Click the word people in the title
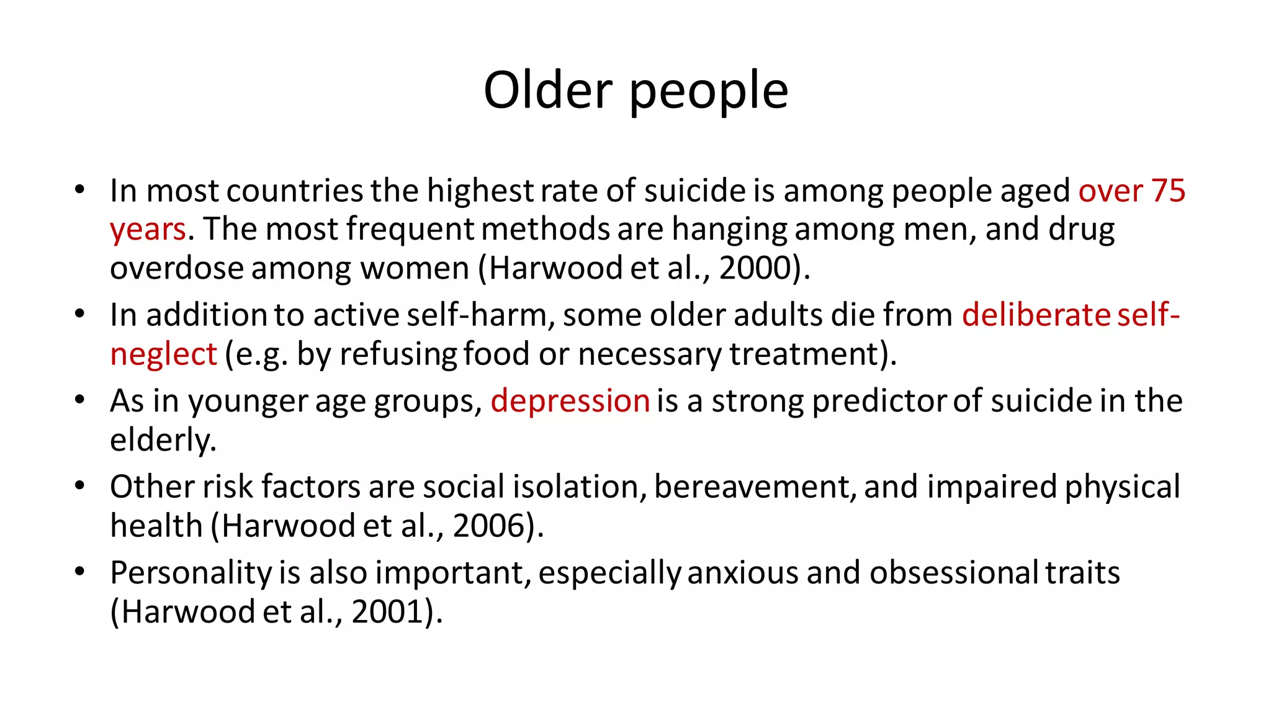(x=709, y=93)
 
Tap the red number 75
(x=1168, y=191)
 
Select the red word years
(x=148, y=230)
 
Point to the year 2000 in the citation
(x=753, y=268)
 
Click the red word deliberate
(x=1036, y=315)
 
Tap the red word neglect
(x=163, y=355)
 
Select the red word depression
(x=570, y=401)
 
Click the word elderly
(x=163, y=440)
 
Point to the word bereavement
(x=752, y=487)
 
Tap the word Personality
(x=191, y=573)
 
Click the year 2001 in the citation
(x=388, y=612)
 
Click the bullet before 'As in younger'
(x=79, y=400)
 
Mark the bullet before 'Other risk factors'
(x=79, y=485)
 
